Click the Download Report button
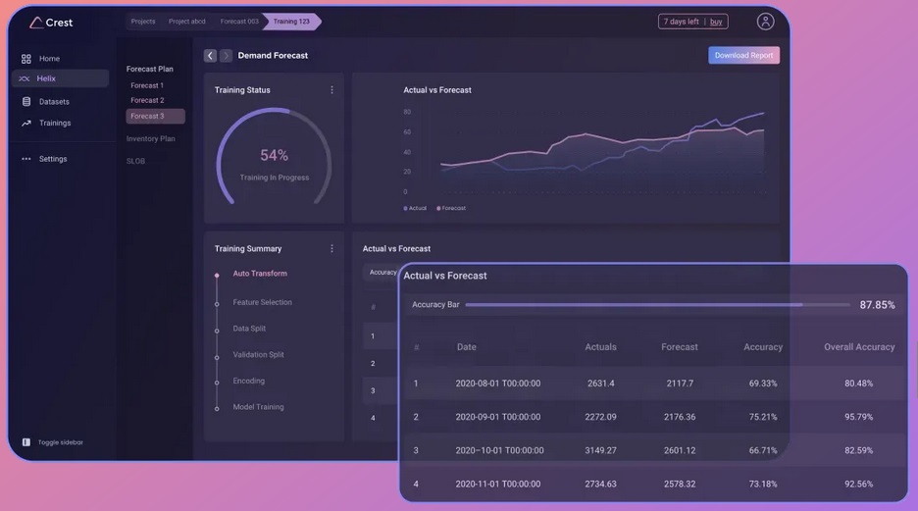[743, 55]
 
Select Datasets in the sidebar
[54, 101]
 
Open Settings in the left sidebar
[53, 159]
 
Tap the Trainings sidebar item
[55, 123]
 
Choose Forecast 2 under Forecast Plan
[147, 100]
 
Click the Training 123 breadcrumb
[291, 22]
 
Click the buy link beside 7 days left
[716, 22]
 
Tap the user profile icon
[765, 22]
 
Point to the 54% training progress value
[274, 156]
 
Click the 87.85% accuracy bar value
[877, 305]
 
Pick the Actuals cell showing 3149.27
[600, 450]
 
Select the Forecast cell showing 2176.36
[679, 417]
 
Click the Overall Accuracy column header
[859, 347]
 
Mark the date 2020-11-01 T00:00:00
[497, 484]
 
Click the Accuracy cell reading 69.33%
[763, 383]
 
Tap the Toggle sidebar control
[60, 442]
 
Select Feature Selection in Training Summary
[262, 302]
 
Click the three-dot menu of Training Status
[331, 90]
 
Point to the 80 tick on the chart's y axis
[406, 112]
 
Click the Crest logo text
[59, 23]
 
